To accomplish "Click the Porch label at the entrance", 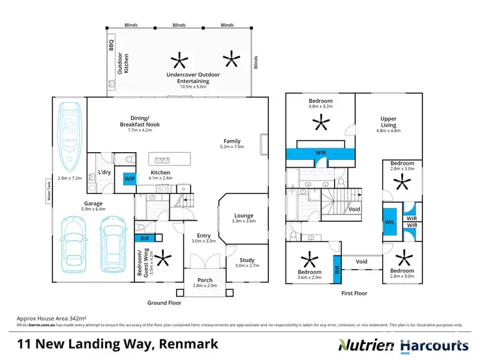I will [206, 279].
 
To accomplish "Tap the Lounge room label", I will [243, 215].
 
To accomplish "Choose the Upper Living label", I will [388, 121].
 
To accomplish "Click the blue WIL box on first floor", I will [389, 221].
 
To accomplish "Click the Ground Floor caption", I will [165, 302].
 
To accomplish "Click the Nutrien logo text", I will [367, 345].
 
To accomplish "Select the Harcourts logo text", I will [435, 345].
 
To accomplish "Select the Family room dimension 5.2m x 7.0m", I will [232, 147].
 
